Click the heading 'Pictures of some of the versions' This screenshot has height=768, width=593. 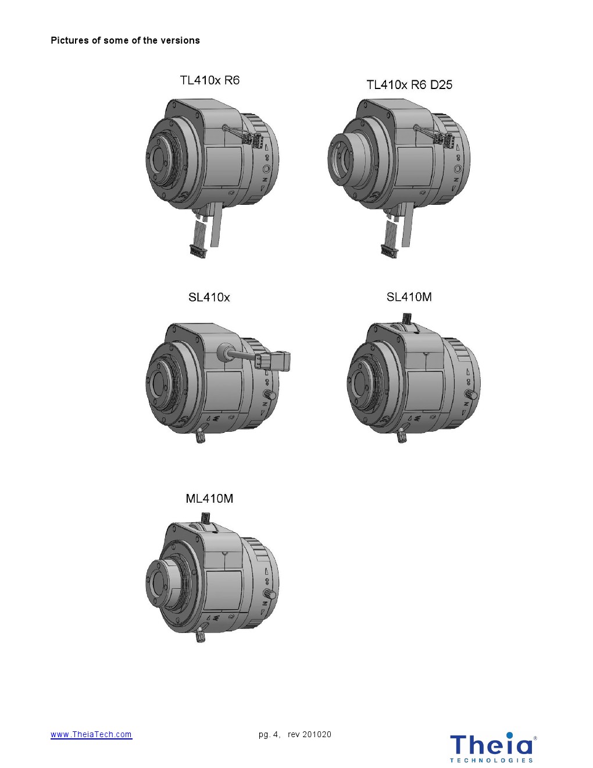click(126, 41)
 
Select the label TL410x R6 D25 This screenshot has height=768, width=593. click(409, 85)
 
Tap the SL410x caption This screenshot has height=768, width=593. click(209, 297)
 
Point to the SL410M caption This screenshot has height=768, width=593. click(409, 297)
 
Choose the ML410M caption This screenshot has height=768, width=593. click(209, 499)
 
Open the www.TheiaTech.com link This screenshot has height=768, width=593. click(91, 734)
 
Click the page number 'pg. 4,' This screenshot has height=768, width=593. click(270, 734)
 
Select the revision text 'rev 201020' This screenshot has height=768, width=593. click(309, 734)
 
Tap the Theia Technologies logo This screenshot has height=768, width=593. click(493, 747)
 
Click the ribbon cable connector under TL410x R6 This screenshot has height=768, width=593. click(198, 251)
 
